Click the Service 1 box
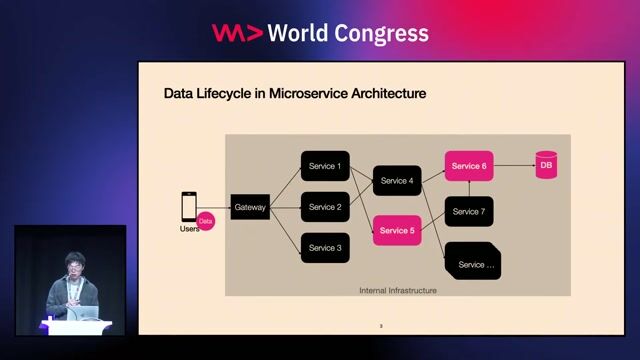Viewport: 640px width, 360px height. point(325,166)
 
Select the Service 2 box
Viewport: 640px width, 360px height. point(325,207)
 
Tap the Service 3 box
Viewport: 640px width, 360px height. point(325,248)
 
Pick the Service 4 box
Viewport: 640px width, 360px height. point(396,181)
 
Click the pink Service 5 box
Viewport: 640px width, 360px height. point(396,231)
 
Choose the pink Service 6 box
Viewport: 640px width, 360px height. point(468,166)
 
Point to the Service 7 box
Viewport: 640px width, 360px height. point(468,212)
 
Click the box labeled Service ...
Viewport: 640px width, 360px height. point(473,262)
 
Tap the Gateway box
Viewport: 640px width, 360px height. point(250,208)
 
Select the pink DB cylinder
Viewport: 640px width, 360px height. point(546,165)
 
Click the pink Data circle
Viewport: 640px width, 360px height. point(206,220)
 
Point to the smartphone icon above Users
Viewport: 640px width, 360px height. point(188,207)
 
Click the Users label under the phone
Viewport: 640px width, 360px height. point(188,229)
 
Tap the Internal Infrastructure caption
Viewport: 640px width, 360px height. point(398,290)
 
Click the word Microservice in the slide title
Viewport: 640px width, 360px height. point(301,94)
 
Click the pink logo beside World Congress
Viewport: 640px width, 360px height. point(237,33)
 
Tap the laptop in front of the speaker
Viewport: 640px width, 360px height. point(88,313)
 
